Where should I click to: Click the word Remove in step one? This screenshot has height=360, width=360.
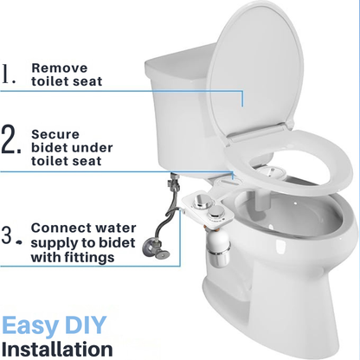pyautogui.click(x=60, y=68)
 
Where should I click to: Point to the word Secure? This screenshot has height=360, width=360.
pyautogui.click(x=55, y=134)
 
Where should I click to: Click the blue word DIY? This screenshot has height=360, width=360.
pyautogui.click(x=86, y=325)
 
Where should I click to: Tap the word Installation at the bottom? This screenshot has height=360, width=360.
pyautogui.click(x=57, y=349)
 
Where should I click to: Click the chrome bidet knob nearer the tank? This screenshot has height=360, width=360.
pyautogui.click(x=201, y=201)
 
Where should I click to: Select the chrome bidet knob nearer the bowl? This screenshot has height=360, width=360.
pyautogui.click(x=216, y=213)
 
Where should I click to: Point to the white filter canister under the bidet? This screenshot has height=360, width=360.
pyautogui.click(x=219, y=247)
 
